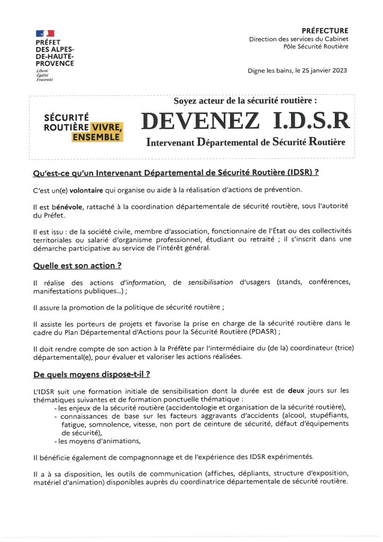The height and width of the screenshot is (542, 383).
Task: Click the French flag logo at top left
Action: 45,34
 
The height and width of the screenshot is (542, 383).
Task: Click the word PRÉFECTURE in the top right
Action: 325,31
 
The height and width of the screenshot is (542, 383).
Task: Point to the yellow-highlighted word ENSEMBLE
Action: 97,137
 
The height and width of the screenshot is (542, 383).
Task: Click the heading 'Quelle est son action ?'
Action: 74,265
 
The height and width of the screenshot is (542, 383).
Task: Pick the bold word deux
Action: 296,391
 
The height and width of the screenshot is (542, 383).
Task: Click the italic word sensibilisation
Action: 211,283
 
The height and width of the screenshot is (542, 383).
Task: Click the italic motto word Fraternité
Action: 45,79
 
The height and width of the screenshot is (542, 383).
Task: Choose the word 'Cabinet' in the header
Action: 335,39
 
